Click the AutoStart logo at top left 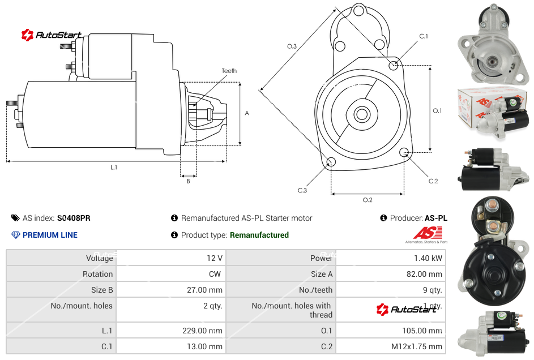click(52, 35)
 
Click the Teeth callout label click(229, 71)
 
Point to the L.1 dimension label click(114, 167)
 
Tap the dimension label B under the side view click(188, 181)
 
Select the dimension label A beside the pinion click(246, 113)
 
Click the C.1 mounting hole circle click(394, 66)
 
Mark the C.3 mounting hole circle click(331, 163)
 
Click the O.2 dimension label click(367, 200)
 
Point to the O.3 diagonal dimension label click(292, 46)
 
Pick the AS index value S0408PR click(74, 218)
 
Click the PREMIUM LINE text click(50, 235)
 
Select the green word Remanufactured click(259, 235)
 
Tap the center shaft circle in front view click(361, 114)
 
